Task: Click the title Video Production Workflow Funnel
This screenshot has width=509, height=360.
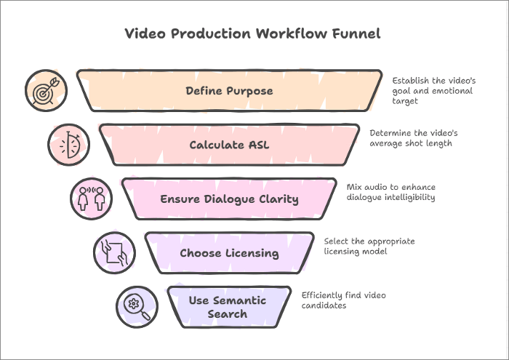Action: (x=252, y=33)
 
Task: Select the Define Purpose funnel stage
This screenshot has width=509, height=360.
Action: (x=229, y=91)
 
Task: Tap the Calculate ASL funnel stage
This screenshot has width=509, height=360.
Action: (x=229, y=145)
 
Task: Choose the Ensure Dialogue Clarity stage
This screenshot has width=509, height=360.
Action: (x=229, y=199)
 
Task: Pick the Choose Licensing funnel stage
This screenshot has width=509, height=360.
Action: (x=229, y=253)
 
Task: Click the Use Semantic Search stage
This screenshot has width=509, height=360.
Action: (x=228, y=307)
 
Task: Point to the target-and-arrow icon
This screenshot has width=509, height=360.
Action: (x=45, y=91)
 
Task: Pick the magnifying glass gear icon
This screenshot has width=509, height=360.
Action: (x=137, y=306)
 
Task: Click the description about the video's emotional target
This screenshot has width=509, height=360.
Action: (x=432, y=91)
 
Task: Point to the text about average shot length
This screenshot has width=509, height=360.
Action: (x=413, y=138)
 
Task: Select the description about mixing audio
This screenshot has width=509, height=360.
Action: (x=390, y=192)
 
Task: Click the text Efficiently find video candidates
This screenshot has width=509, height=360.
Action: (x=343, y=300)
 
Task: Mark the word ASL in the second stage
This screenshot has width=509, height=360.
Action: (x=257, y=145)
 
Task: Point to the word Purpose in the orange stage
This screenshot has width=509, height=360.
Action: (x=249, y=91)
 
